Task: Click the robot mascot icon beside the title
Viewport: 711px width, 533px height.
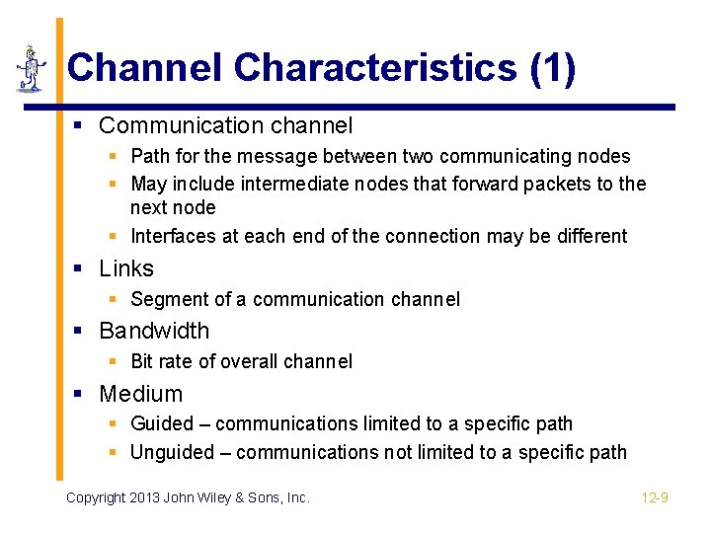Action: tap(31, 68)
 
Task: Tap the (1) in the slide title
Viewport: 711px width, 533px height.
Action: tap(552, 68)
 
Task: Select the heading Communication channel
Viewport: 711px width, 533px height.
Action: tap(225, 126)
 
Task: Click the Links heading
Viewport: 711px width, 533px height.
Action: tap(126, 268)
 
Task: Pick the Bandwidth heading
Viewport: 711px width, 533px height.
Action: tap(154, 331)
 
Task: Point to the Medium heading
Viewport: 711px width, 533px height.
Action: tap(140, 394)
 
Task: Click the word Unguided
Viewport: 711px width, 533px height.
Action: tap(172, 452)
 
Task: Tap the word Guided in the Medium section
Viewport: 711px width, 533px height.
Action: tap(161, 423)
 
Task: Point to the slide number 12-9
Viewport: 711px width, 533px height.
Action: tap(655, 497)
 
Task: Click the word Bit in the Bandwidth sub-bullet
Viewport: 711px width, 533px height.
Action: tap(142, 361)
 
